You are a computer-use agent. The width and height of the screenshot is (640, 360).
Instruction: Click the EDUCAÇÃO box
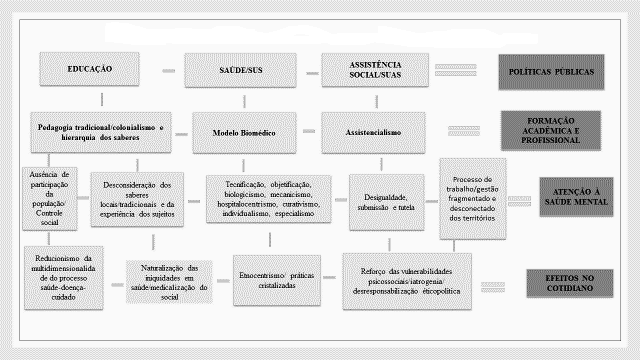(89, 71)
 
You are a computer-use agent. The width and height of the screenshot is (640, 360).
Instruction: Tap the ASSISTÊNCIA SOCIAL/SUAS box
(375, 71)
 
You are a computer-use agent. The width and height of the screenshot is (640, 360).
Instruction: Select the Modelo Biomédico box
(244, 132)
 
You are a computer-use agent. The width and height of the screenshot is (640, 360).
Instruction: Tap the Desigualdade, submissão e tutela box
(388, 198)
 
